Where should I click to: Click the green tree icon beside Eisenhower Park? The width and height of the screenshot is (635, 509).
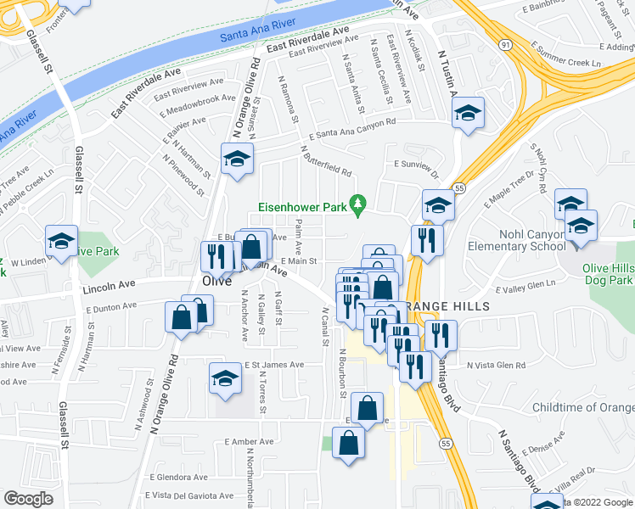(x=359, y=204)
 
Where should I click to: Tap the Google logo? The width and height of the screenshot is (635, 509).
(x=28, y=499)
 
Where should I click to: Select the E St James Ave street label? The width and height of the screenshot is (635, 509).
(x=274, y=365)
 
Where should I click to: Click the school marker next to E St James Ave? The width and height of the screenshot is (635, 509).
(x=225, y=378)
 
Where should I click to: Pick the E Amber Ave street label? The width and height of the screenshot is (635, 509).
(x=249, y=441)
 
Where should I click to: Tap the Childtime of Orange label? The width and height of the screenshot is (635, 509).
(x=582, y=407)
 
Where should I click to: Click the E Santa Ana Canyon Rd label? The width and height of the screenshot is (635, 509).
(x=352, y=128)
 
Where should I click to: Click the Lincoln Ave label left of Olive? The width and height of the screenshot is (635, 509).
(x=110, y=288)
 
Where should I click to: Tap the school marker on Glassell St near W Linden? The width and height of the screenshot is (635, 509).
(x=62, y=242)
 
